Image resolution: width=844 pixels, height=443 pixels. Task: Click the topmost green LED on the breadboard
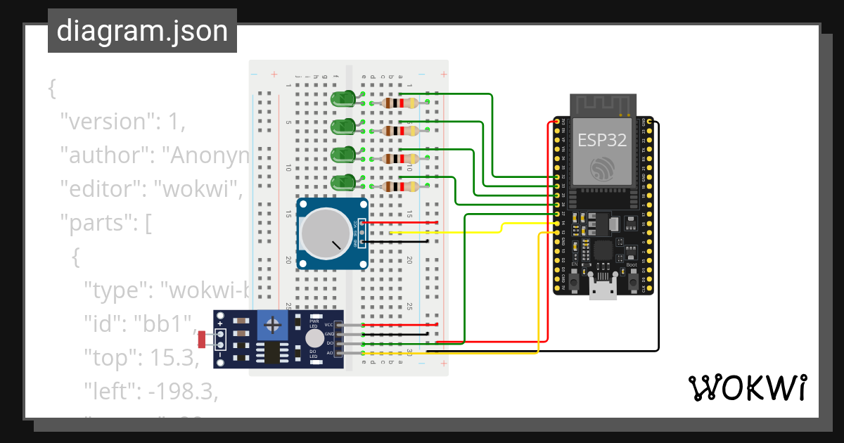343,99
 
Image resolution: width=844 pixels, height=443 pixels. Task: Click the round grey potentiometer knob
325,234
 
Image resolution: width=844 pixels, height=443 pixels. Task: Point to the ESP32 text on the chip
601,140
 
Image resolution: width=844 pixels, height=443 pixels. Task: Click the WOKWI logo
747,387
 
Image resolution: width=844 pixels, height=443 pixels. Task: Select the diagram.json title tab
142,32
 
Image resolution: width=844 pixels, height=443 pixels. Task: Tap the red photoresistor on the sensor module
203,340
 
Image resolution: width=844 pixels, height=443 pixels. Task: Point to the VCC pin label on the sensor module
328,324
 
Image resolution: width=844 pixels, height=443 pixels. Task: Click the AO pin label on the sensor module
329,352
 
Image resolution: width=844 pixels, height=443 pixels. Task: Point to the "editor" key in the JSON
105,189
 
